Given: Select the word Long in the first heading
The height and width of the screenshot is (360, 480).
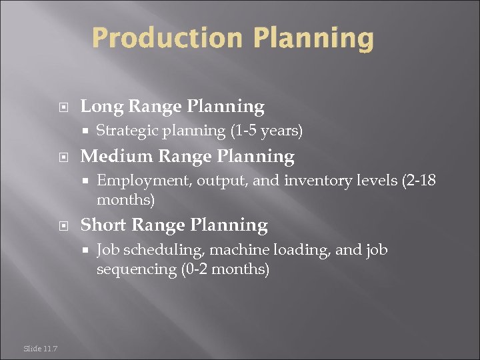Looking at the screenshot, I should coord(101,107).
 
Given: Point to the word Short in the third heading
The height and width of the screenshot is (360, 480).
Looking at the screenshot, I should coord(103,225).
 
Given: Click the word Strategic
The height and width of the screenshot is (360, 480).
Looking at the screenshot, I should coord(124,131).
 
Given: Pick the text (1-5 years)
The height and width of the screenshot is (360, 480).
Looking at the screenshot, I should coord(266,131).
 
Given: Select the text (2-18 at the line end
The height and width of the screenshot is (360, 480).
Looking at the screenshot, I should coord(419,181).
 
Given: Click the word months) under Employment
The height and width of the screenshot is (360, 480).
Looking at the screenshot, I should coord(126,200).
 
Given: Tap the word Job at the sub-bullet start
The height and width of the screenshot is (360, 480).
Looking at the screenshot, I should coord(107,250).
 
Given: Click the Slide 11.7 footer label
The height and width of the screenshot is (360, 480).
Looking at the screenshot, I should coord(40,348).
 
